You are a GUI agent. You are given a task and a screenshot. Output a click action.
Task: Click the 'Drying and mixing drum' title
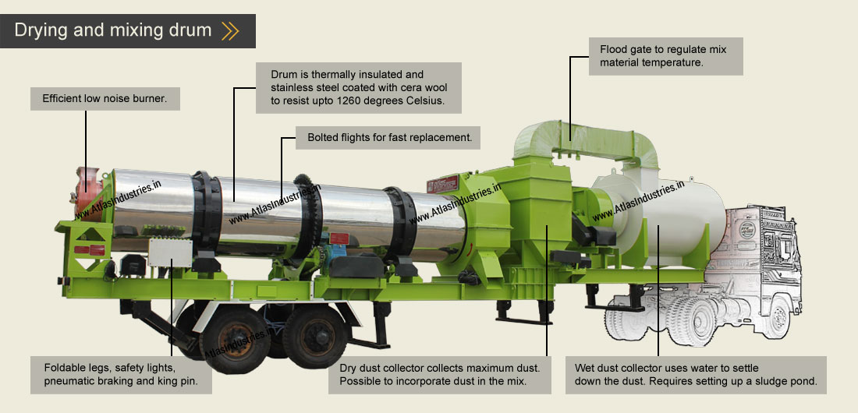click(x=112, y=30)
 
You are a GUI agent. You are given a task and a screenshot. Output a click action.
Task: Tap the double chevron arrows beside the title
click(x=230, y=31)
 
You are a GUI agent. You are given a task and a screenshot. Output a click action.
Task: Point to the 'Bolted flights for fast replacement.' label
click(x=388, y=138)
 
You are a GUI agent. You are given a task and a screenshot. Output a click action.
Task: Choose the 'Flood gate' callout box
click(x=665, y=55)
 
